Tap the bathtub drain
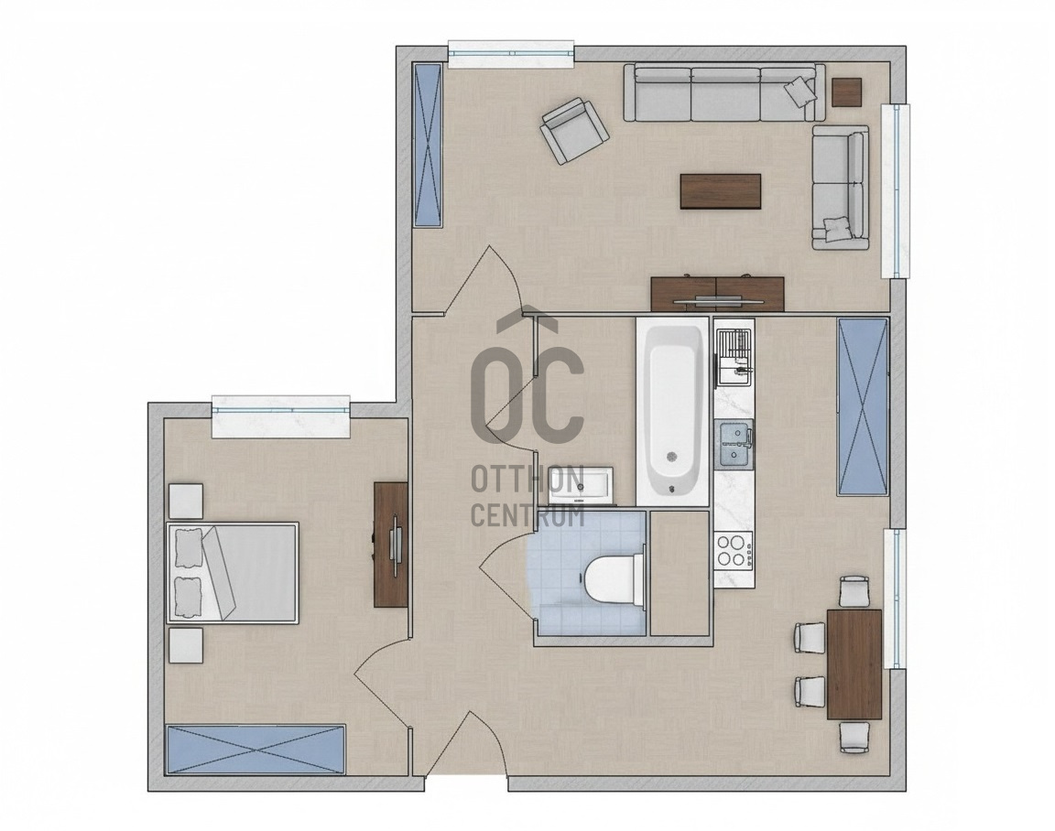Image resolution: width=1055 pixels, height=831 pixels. click(x=671, y=457)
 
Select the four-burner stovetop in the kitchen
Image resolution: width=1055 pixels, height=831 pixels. click(x=734, y=549)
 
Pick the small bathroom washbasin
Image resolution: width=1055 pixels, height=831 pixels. click(x=580, y=484)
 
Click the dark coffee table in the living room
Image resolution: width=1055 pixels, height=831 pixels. click(x=721, y=191)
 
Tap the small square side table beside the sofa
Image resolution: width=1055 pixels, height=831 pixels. click(x=846, y=92)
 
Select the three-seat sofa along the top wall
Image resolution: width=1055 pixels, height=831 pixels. click(x=724, y=92)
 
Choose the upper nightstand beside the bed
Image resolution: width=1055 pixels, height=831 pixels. click(x=185, y=501)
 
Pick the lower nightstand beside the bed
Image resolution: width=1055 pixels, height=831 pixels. click(x=186, y=645)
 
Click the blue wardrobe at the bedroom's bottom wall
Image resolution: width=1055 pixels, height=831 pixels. click(x=256, y=749)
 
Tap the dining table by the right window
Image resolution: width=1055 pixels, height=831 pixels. click(x=854, y=664)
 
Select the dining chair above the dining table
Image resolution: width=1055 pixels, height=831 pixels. click(x=854, y=591)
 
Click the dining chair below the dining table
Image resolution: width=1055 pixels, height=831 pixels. click(x=854, y=736)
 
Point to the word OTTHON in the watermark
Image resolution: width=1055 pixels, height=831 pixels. click(x=527, y=480)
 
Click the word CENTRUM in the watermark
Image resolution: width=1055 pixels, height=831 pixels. click(x=527, y=515)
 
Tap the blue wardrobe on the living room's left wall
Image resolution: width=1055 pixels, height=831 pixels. click(x=428, y=146)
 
